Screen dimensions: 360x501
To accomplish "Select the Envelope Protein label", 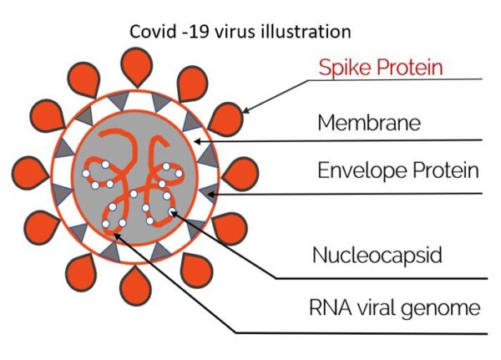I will tap(397, 171).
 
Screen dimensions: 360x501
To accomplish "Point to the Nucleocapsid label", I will tap(376, 254).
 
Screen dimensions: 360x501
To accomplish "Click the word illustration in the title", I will tap(302, 32).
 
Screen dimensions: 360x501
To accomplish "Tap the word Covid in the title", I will tap(148, 32).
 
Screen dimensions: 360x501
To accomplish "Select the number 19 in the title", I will tap(193, 32).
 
